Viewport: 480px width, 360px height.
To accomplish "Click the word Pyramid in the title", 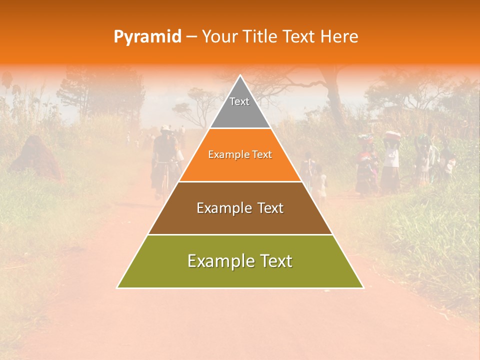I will tap(147, 37).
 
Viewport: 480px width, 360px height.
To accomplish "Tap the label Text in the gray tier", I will tap(239, 101).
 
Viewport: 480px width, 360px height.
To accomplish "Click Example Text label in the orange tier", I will tap(240, 155).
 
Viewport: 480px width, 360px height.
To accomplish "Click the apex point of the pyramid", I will tap(240, 76).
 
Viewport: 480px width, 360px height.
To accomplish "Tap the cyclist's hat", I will tap(165, 128).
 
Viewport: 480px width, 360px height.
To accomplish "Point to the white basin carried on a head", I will tap(392, 135).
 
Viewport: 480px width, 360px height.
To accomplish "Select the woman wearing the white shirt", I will tap(391, 160).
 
